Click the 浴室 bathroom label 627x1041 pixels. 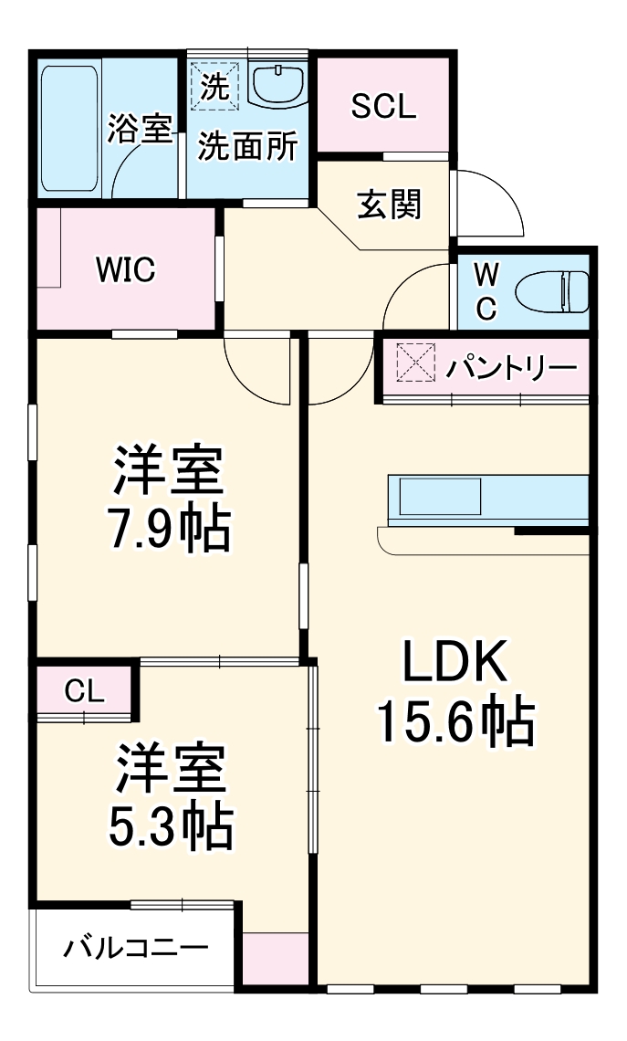coord(140,128)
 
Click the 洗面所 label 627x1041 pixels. coord(248,146)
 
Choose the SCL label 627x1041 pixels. coord(383,107)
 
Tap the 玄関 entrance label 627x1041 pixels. coord(389,205)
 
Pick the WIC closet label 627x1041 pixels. coord(126,269)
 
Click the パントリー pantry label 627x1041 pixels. coord(512,368)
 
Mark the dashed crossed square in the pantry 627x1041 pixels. coord(416,363)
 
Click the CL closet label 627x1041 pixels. coord(84,691)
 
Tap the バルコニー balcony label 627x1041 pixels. coord(135,949)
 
